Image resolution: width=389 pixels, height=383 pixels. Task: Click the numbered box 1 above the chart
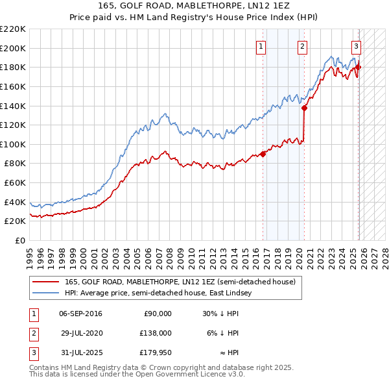point(261,46)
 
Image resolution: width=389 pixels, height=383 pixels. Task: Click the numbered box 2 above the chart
point(303,46)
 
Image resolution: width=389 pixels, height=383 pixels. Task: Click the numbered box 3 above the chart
point(356,46)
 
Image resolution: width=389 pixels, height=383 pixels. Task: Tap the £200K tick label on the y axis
point(13,48)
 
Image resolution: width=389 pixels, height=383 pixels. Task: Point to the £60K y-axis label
point(15,183)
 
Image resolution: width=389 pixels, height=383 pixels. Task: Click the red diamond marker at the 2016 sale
point(263,154)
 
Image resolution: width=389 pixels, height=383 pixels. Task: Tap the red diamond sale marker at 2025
point(359,67)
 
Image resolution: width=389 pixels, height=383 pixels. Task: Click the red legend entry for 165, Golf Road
point(180,282)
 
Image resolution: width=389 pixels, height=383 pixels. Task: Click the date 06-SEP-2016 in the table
point(80,314)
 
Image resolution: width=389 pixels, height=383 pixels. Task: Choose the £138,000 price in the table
point(156,333)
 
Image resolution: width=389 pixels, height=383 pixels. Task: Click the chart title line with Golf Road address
point(194,5)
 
